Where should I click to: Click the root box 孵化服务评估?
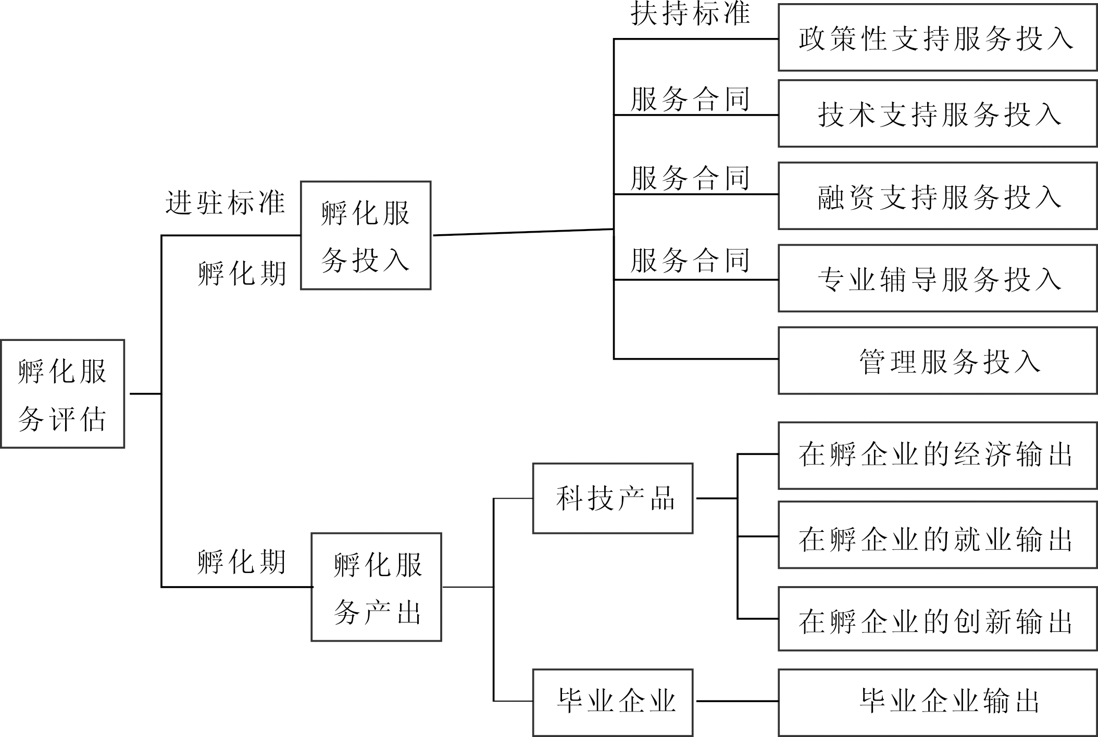click(63, 394)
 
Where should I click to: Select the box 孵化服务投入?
click(366, 235)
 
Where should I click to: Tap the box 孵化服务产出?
click(376, 587)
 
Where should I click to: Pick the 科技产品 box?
click(613, 498)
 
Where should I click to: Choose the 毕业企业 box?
click(613, 702)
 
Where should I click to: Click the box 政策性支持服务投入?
click(938, 37)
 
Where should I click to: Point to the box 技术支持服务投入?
click(938, 113)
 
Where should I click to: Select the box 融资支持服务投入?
click(938, 196)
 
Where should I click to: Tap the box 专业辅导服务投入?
click(938, 278)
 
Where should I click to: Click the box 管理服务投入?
click(938, 360)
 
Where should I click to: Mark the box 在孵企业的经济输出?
click(938, 455)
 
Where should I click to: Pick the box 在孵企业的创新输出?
click(938, 619)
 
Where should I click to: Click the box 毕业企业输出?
click(938, 702)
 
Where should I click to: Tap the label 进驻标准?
click(225, 202)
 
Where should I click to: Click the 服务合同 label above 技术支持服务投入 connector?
click(690, 99)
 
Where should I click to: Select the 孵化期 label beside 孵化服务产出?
click(242, 562)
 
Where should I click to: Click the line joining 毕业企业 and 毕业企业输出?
click(737, 701)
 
